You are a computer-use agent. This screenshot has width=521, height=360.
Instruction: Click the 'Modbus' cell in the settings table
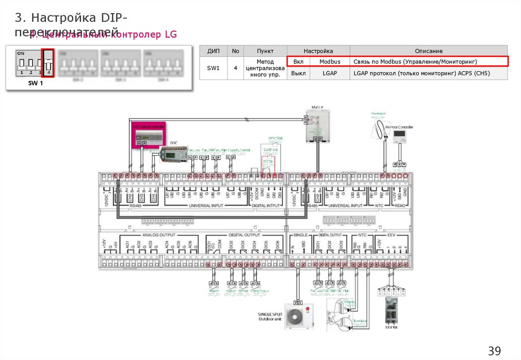tap(330, 62)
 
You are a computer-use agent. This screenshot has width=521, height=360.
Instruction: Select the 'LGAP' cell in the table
tap(330, 73)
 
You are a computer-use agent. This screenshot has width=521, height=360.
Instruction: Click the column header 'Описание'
tap(428, 51)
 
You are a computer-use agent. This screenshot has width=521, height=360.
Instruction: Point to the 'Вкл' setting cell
tap(299, 62)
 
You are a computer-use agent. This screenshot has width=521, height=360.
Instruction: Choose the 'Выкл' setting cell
tap(299, 73)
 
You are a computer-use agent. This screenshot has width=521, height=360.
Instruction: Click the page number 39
tap(495, 351)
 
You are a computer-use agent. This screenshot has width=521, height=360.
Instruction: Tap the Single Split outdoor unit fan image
tap(295, 316)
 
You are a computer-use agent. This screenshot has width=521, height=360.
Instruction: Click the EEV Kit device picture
tap(391, 311)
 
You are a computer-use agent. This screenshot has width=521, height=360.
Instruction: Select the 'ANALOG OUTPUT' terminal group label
tap(158, 235)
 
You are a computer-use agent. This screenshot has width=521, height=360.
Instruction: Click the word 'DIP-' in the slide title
tap(114, 18)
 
